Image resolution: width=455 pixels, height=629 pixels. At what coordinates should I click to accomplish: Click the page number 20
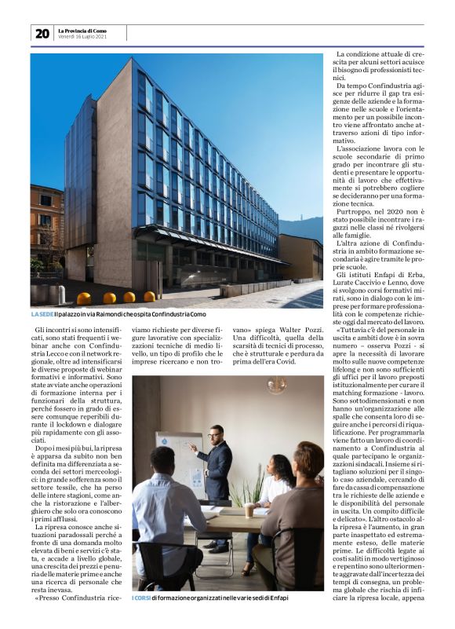point(42,33)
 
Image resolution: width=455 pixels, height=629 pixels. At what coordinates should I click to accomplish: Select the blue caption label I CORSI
point(140,598)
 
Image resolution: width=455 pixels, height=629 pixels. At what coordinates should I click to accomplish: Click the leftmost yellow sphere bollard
point(83,298)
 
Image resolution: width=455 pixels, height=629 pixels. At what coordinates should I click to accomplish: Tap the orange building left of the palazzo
point(46,228)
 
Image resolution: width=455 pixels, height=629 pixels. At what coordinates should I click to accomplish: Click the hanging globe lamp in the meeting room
point(276,386)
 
